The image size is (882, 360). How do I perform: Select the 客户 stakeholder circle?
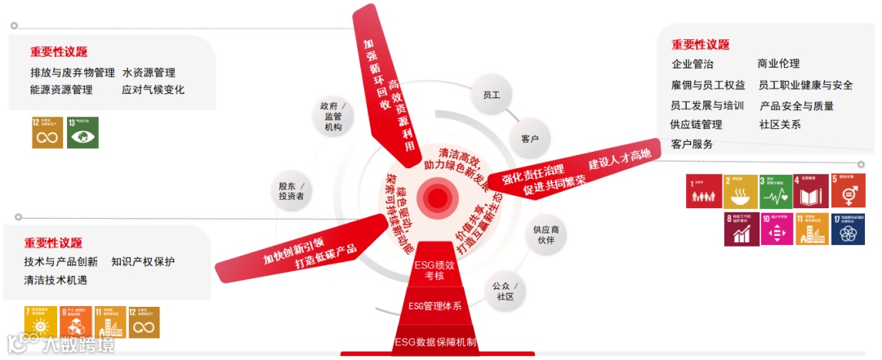point(529,139)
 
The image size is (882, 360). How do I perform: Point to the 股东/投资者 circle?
point(291,190)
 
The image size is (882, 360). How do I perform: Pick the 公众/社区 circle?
point(505,291)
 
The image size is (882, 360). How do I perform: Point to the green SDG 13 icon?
point(82,132)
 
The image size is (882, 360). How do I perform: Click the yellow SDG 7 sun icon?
point(40,322)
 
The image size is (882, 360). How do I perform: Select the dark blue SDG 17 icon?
point(847,229)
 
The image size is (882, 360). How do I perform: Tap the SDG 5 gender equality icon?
point(847,190)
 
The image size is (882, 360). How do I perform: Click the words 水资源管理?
point(149,73)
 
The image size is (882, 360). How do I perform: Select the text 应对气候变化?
point(153,90)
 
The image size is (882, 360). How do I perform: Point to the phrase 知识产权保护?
point(143,262)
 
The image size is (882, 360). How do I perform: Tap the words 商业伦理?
point(778,64)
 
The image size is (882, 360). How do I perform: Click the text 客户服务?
point(692,144)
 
